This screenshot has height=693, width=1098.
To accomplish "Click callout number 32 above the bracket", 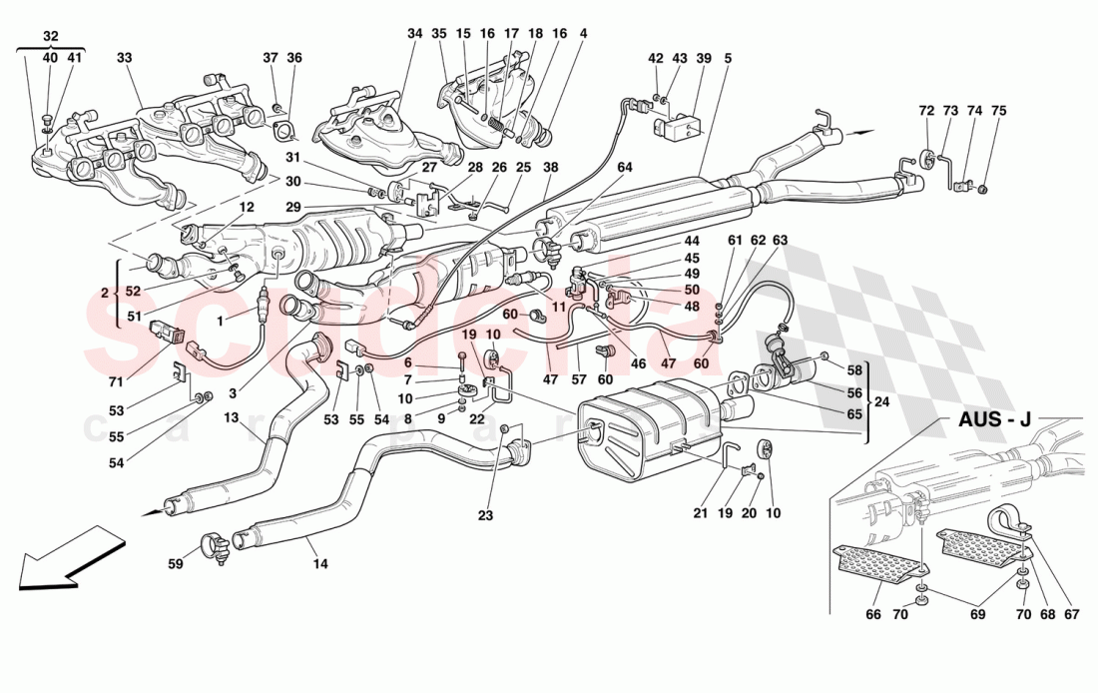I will pos(50,36).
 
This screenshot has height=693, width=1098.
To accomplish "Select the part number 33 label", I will pos(125,59).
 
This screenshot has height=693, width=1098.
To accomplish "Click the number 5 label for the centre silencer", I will pos(728,59).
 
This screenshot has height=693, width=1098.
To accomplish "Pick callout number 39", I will pos(705,59).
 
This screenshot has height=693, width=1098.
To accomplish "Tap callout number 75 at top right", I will pos(999,112).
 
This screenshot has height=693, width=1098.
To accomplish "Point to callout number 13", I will pos(232,418).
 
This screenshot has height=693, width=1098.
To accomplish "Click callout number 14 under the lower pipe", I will pos(319,564).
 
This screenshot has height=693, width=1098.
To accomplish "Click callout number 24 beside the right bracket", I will pos(880,403).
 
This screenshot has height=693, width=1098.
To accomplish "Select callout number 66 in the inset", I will pos(875,615).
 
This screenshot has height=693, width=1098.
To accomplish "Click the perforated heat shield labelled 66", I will pos(878,564).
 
